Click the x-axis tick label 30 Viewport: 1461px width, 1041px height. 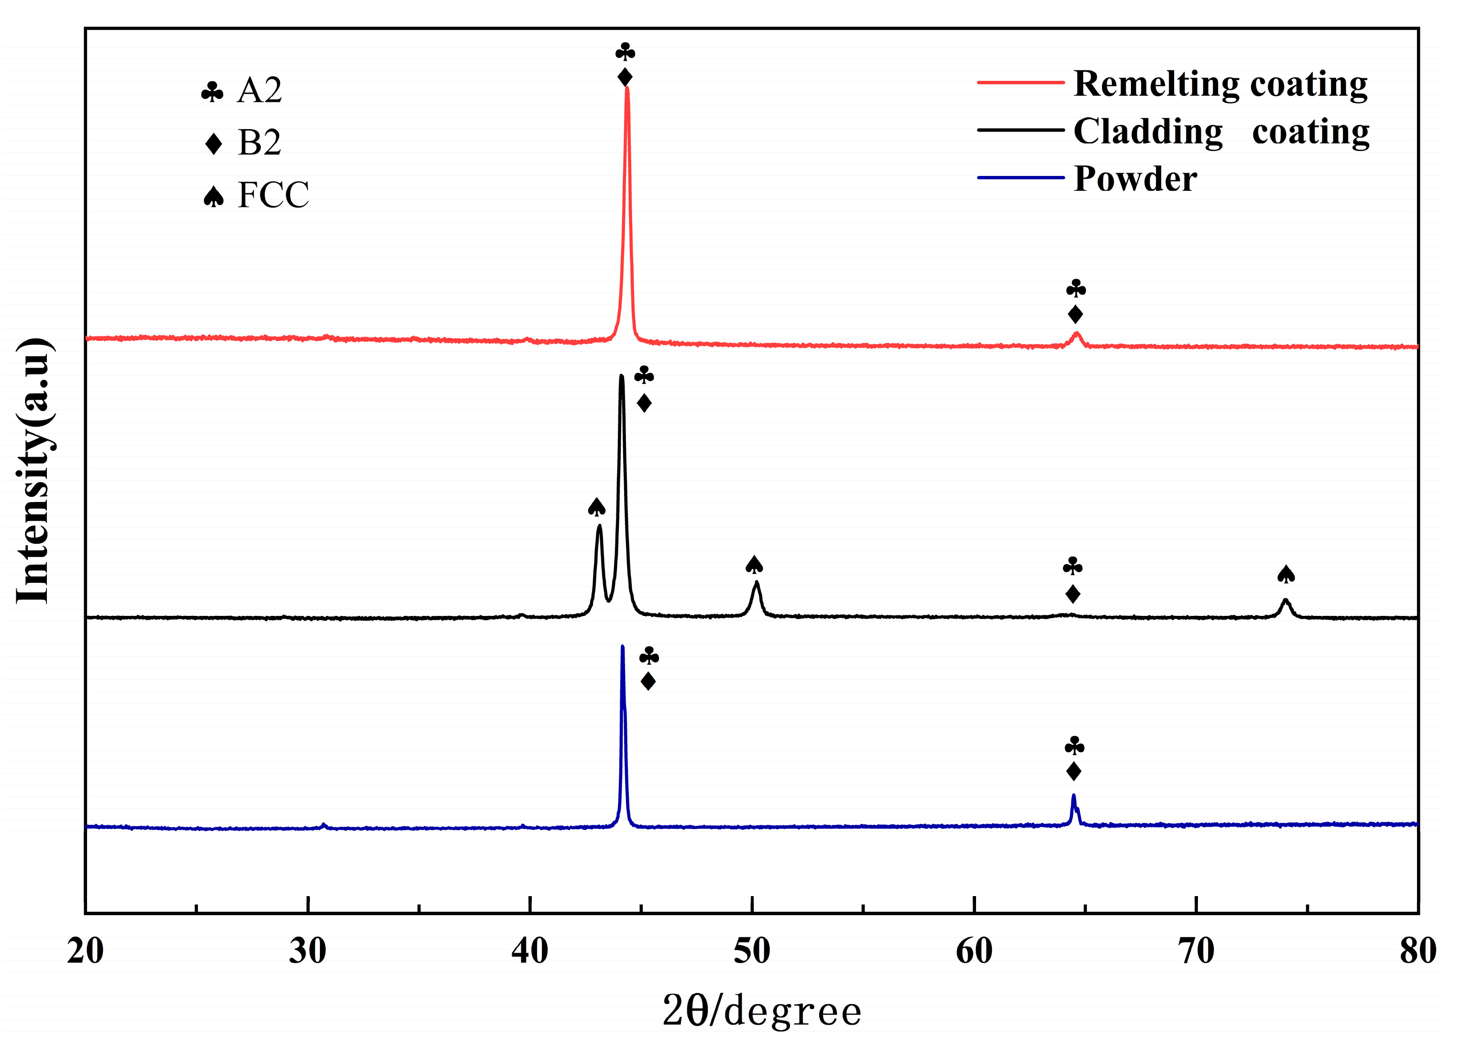pyautogui.click(x=308, y=951)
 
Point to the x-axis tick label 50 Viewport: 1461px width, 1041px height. pyautogui.click(x=752, y=951)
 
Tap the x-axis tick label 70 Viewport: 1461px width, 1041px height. pyautogui.click(x=1196, y=951)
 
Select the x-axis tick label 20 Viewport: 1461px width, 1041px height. pyautogui.click(x=85, y=951)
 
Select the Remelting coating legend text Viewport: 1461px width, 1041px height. pyautogui.click(x=1220, y=84)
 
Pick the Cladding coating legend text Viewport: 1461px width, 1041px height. pyautogui.click(x=1221, y=131)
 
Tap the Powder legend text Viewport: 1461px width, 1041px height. pyautogui.click(x=1135, y=179)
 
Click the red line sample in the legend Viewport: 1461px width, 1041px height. pyautogui.click(x=1021, y=83)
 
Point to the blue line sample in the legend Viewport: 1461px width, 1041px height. pyautogui.click(x=1021, y=177)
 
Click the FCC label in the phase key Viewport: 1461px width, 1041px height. pyautogui.click(x=273, y=195)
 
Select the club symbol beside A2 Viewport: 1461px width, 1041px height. pyautogui.click(x=212, y=92)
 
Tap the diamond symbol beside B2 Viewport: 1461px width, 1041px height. pyautogui.click(x=213, y=143)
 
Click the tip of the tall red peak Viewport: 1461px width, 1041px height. pyautogui.click(x=627, y=88)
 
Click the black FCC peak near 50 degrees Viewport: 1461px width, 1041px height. pyautogui.click(x=757, y=583)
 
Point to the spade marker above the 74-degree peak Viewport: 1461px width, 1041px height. pyautogui.click(x=1285, y=574)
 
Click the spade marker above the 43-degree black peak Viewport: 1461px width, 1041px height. pyautogui.click(x=597, y=507)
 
